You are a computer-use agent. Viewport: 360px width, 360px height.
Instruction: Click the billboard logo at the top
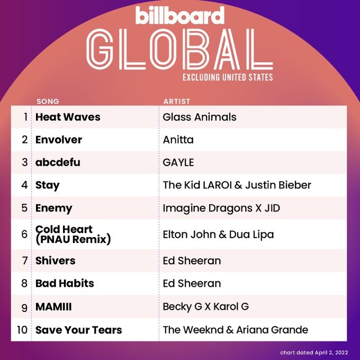tap(180, 15)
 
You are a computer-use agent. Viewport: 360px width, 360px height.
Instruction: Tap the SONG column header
tap(48, 101)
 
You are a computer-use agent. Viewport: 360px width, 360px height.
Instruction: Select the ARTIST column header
tap(177, 101)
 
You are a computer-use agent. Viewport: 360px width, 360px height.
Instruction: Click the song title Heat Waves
tap(68, 117)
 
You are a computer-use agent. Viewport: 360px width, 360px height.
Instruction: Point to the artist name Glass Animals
tap(200, 117)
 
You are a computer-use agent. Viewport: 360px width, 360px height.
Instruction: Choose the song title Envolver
tap(59, 140)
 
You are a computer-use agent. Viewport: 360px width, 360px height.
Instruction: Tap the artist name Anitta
tap(178, 140)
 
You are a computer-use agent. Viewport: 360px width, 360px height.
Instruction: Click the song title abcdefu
tap(58, 163)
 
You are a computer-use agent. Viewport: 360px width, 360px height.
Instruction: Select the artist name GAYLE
tap(178, 163)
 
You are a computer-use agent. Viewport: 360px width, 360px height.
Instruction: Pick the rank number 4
tap(24, 185)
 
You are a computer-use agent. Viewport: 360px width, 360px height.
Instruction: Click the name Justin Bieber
tap(278, 185)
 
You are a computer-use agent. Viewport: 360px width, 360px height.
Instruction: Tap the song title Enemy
tap(53, 208)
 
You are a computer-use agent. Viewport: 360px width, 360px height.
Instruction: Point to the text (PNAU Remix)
tap(73, 239)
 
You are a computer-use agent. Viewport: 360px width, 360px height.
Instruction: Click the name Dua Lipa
tap(251, 235)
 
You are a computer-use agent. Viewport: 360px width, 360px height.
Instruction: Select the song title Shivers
tap(56, 260)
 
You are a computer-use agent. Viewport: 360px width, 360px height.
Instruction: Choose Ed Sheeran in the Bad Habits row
tap(192, 283)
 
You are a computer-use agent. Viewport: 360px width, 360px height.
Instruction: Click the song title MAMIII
tap(53, 307)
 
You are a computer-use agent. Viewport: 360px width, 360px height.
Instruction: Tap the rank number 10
tap(22, 330)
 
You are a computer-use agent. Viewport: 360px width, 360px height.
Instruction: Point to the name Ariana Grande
tap(272, 330)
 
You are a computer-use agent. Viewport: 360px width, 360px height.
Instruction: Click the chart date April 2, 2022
tap(331, 353)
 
